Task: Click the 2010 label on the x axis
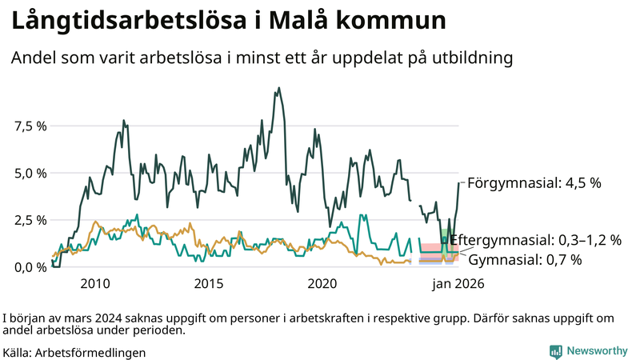pyautogui.click(x=95, y=283)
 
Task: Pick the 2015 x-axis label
pyautogui.click(x=209, y=283)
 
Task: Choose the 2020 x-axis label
pyautogui.click(x=322, y=283)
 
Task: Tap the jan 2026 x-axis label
pyautogui.click(x=457, y=283)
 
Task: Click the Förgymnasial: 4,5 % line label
pyautogui.click(x=534, y=182)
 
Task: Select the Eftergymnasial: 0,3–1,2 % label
pyautogui.click(x=536, y=240)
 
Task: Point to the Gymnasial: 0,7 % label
pyautogui.click(x=525, y=259)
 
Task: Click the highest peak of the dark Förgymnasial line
pyautogui.click(x=278, y=88)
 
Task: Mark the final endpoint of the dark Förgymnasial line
pyautogui.click(x=459, y=182)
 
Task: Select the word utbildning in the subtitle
pyautogui.click(x=471, y=58)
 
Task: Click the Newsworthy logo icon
pyautogui.click(x=555, y=351)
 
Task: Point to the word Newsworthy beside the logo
pyautogui.click(x=598, y=351)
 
